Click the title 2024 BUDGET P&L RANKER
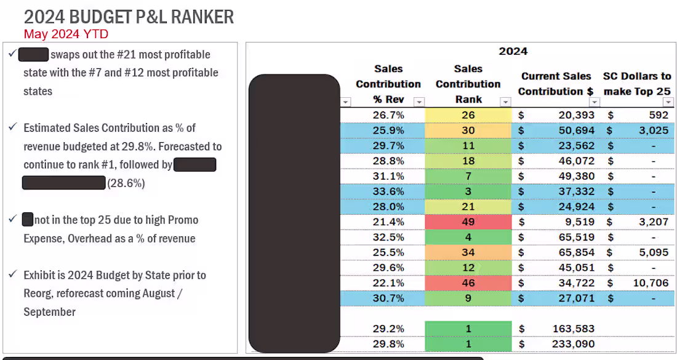129,17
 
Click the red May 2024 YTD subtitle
66,34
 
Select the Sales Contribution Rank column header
468,84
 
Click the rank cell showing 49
468,222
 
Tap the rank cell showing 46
468,282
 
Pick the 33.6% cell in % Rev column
388,191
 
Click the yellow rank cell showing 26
468,115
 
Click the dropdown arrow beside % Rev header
419,102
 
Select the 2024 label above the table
513,51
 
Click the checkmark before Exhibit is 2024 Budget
12,275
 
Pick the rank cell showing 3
468,191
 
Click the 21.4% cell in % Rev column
388,222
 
